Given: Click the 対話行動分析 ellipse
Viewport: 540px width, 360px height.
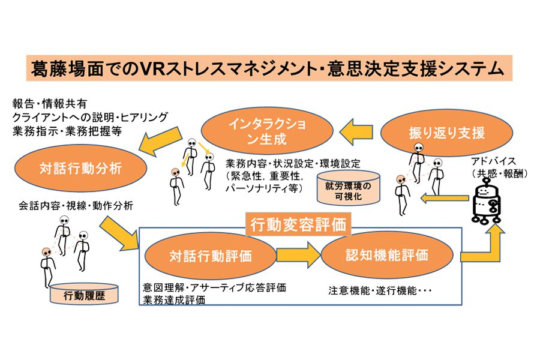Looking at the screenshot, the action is click(x=81, y=168).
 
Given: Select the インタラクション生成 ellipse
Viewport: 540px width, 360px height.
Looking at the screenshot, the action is click(x=267, y=131).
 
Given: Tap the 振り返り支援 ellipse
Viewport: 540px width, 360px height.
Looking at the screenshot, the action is click(x=446, y=133).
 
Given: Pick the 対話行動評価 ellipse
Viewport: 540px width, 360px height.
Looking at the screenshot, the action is click(x=211, y=256).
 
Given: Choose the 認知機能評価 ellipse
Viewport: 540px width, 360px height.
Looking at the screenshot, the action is click(x=387, y=255).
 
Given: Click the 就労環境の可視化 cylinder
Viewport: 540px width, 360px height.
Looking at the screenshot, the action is click(x=348, y=188).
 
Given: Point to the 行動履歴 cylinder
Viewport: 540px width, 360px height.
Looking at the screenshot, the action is click(x=84, y=294).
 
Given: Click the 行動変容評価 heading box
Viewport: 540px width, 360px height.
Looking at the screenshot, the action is click(x=298, y=225).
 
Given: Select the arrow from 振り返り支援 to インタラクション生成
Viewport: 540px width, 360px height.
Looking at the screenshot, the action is click(x=356, y=132).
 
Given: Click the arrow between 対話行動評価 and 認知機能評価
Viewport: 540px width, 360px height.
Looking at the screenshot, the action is click(x=298, y=255).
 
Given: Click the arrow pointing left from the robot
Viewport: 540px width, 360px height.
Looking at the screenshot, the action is click(x=444, y=198).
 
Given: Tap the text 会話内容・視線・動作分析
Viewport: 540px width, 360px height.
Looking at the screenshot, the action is click(x=76, y=206).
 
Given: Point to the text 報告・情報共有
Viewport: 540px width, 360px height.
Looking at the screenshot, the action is click(x=50, y=103).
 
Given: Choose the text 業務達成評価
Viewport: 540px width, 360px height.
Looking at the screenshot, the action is click(x=174, y=300).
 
